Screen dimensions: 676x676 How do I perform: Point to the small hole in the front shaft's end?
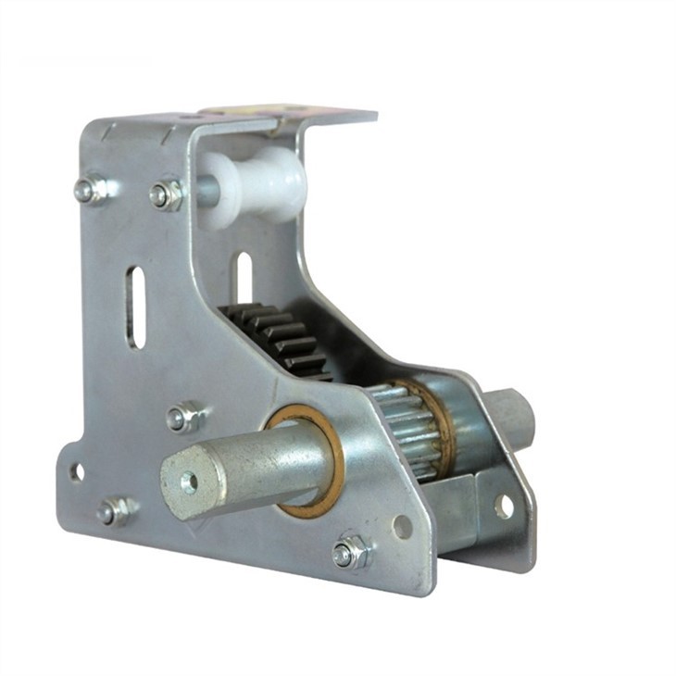coord(189,482)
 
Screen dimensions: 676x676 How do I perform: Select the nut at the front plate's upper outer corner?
coord(89,189)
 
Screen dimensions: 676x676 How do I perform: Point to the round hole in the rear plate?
coord(504,506)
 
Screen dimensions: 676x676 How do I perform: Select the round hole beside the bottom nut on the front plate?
coord(402,527)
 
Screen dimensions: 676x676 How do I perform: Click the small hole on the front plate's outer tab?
coord(77,472)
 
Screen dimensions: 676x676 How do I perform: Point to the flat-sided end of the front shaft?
coord(190,482)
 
